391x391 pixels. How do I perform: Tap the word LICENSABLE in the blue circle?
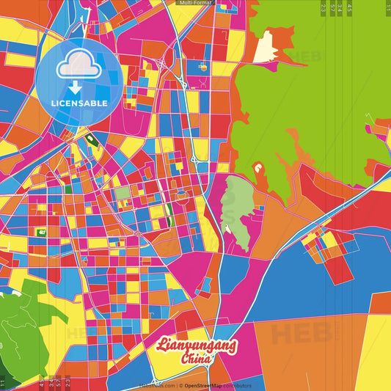[78, 103]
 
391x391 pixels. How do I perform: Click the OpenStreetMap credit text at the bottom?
[208, 385]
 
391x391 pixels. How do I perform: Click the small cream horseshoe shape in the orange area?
[259, 170]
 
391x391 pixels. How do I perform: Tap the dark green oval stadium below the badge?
[91, 139]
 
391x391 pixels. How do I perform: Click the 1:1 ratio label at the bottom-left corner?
[3, 382]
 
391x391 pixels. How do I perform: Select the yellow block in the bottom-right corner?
[374, 352]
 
